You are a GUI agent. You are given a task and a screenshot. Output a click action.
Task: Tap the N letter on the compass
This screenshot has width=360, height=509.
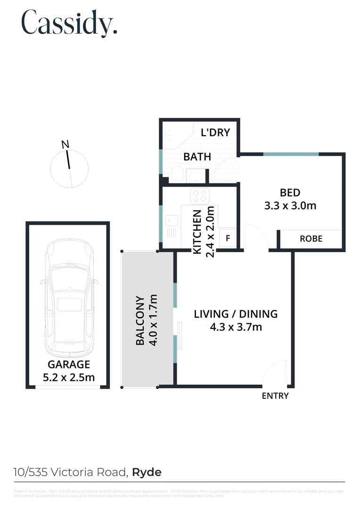pyautogui.click(x=65, y=144)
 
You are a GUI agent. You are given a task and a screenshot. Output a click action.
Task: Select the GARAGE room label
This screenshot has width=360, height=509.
pyautogui.click(x=69, y=364)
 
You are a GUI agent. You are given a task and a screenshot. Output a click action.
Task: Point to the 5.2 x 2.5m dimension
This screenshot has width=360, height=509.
pyautogui.click(x=69, y=377)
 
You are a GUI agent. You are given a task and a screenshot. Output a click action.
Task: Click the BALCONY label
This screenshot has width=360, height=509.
pyautogui.click(x=140, y=320)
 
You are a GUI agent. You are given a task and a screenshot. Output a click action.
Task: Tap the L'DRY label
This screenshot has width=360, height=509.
pyautogui.click(x=215, y=132)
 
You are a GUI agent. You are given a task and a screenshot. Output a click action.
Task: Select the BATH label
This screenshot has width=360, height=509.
pyautogui.click(x=197, y=157)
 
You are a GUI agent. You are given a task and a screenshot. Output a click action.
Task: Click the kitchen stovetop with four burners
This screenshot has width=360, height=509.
pyautogui.click(x=199, y=195)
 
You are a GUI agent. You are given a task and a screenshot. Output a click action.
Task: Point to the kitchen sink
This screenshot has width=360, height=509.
pyautogui.click(x=171, y=220)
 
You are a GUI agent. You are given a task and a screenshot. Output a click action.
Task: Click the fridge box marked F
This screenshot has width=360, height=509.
pyautogui.click(x=228, y=238)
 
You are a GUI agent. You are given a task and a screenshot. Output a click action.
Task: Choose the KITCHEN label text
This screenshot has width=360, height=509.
pyautogui.click(x=197, y=231)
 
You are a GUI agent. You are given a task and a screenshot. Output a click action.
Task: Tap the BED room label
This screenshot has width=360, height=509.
pyautogui.click(x=290, y=192)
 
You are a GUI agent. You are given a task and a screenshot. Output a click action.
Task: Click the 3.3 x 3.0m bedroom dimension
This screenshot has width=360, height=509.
pyautogui.click(x=290, y=205)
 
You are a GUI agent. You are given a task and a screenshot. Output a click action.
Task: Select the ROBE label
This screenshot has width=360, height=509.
pyautogui.click(x=311, y=238)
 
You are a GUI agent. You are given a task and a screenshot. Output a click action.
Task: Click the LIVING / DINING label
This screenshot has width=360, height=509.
pyautogui.click(x=236, y=314)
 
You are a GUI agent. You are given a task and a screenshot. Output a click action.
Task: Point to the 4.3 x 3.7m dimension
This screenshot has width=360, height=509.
pyautogui.click(x=236, y=327)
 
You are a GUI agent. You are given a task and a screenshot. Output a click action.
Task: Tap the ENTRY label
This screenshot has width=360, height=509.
pyautogui.click(x=275, y=396)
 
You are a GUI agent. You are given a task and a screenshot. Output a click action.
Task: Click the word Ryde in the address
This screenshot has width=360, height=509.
pyautogui.click(x=147, y=472)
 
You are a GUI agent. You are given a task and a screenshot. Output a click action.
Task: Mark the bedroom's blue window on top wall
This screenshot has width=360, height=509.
pyautogui.click(x=291, y=154)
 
